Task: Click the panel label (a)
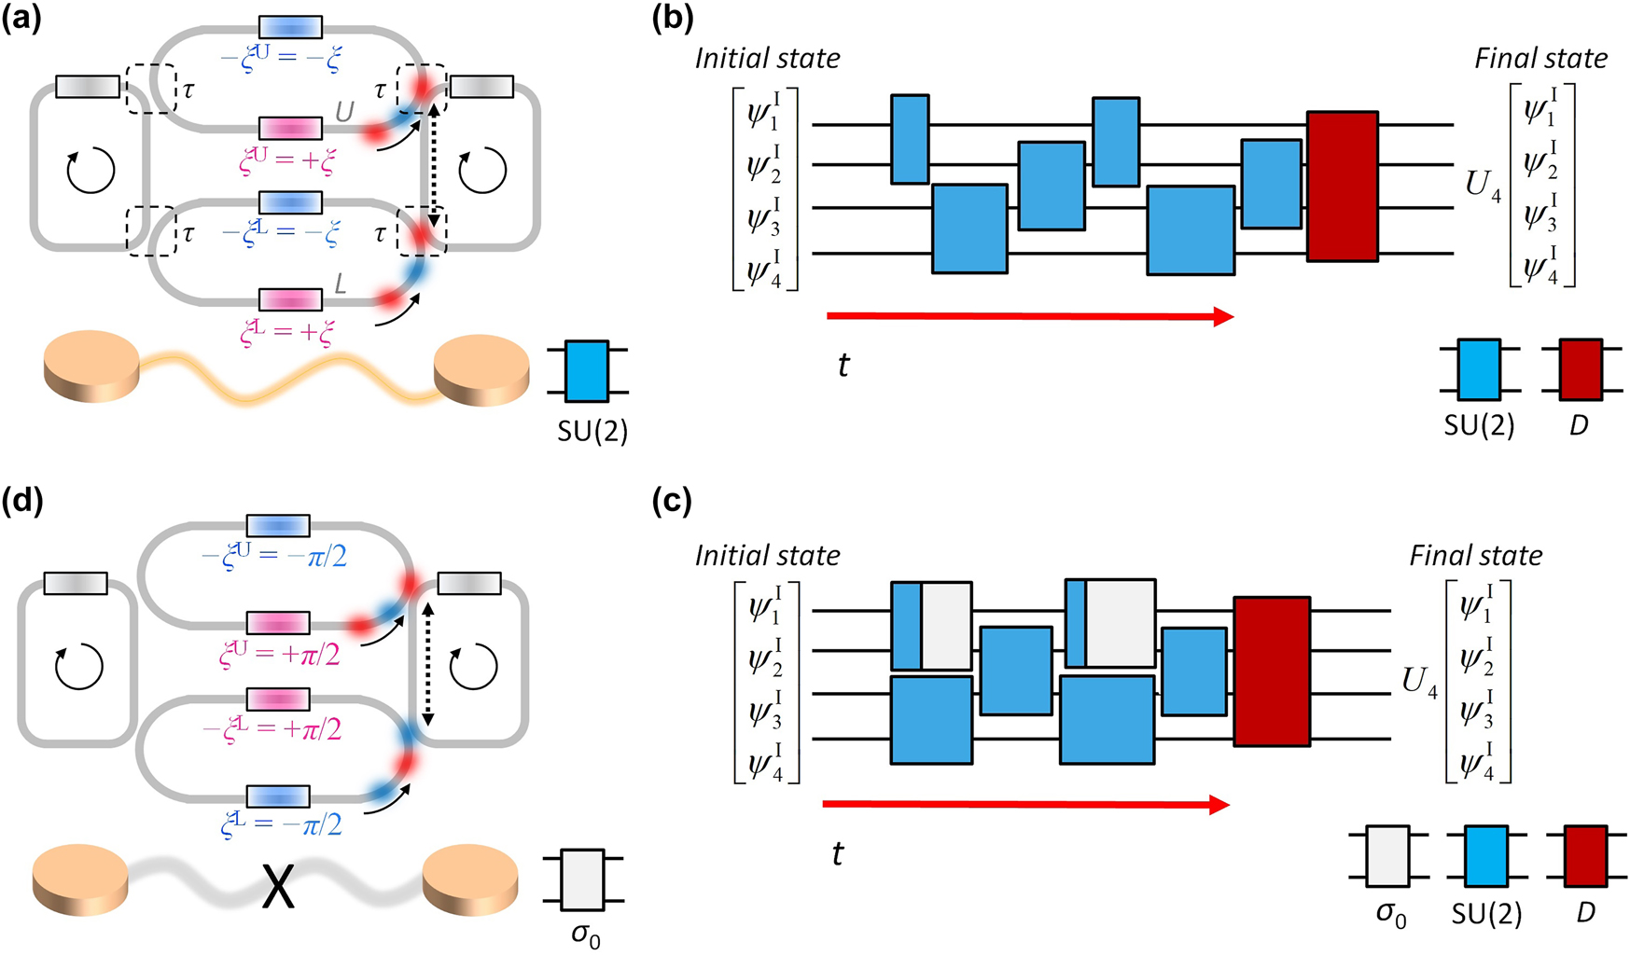pyautogui.click(x=22, y=21)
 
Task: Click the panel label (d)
pyautogui.click(x=22, y=504)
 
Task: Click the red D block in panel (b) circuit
pyautogui.click(x=1342, y=187)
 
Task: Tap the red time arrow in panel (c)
pyautogui.click(x=1026, y=805)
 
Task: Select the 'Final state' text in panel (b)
pyautogui.click(x=1540, y=59)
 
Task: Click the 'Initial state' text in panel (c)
pyautogui.click(x=767, y=556)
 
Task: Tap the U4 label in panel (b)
pyautogui.click(x=1483, y=186)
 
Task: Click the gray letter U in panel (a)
pyautogui.click(x=344, y=113)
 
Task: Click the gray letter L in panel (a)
pyautogui.click(x=341, y=283)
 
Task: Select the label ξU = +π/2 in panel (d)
pyautogui.click(x=280, y=655)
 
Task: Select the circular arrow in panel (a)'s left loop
pyautogui.click(x=91, y=171)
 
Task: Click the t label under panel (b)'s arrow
pyautogui.click(x=843, y=365)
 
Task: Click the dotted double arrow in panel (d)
pyautogui.click(x=427, y=663)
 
